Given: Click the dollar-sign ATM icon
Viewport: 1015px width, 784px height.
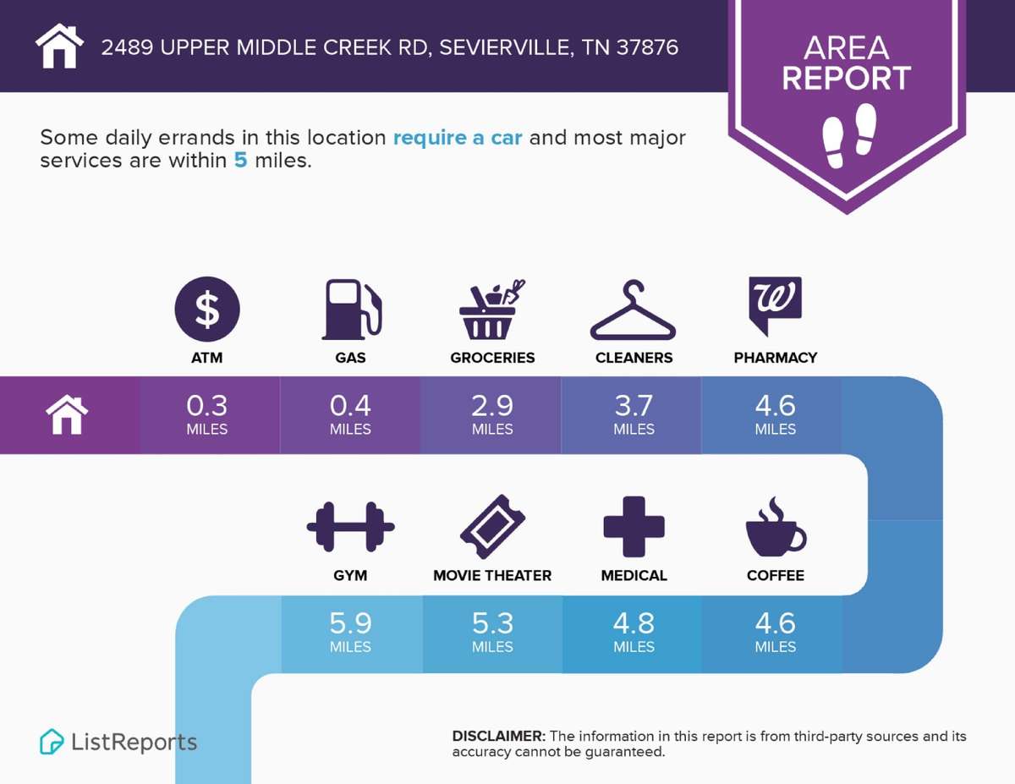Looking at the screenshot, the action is click(x=207, y=309).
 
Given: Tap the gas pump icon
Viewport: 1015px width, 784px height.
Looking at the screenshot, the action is click(x=352, y=309).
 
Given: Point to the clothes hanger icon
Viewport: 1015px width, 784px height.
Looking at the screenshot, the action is click(x=633, y=310).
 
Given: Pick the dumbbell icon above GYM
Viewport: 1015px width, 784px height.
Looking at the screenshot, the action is click(x=350, y=527).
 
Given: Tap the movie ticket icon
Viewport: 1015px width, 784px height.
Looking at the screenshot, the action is click(x=493, y=527).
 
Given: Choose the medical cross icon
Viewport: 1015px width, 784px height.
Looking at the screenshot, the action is click(x=634, y=527).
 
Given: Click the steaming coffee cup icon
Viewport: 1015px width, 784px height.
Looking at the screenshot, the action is click(x=776, y=527).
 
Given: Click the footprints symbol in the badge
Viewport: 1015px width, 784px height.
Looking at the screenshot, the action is click(x=849, y=135).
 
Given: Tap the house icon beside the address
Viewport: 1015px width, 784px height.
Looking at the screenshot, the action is click(x=59, y=46).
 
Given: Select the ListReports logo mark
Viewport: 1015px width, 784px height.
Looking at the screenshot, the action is click(x=52, y=742).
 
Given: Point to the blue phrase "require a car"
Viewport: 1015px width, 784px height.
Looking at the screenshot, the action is click(x=458, y=138).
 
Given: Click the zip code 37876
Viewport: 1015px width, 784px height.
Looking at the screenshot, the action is click(x=647, y=47).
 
